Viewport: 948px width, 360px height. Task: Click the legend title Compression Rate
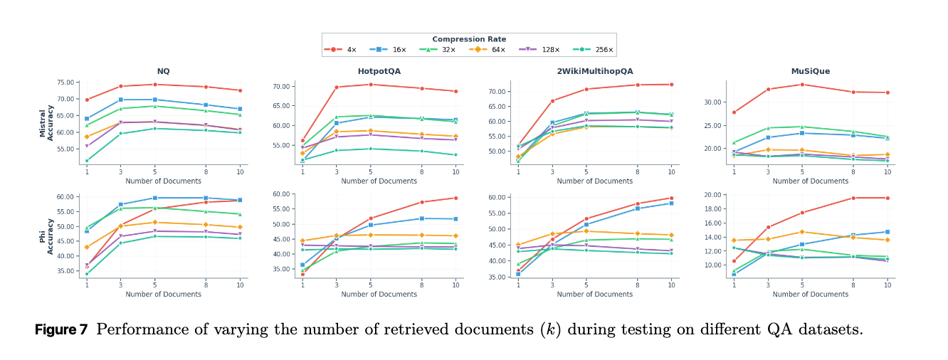pos(469,39)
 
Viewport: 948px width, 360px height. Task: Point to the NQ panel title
pos(164,71)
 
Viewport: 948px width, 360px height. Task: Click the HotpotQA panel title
pos(379,71)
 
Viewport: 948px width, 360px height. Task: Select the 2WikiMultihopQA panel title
pos(594,71)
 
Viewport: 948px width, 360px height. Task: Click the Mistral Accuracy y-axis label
pos(47,122)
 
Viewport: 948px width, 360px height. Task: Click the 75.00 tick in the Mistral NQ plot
pos(68,83)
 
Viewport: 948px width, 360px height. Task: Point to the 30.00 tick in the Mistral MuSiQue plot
pos(716,102)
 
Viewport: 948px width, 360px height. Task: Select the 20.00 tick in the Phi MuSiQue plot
pos(716,194)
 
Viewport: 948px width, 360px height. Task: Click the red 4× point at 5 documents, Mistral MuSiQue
pos(802,85)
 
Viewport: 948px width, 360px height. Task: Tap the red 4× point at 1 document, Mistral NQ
pos(87,100)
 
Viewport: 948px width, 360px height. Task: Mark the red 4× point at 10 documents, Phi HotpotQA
pos(455,198)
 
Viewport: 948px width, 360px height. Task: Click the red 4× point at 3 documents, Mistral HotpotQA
pos(337,88)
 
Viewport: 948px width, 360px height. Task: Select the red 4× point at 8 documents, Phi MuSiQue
pos(853,198)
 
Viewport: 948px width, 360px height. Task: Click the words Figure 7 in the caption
pos(61,330)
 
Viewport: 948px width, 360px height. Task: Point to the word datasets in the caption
pos(831,330)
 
